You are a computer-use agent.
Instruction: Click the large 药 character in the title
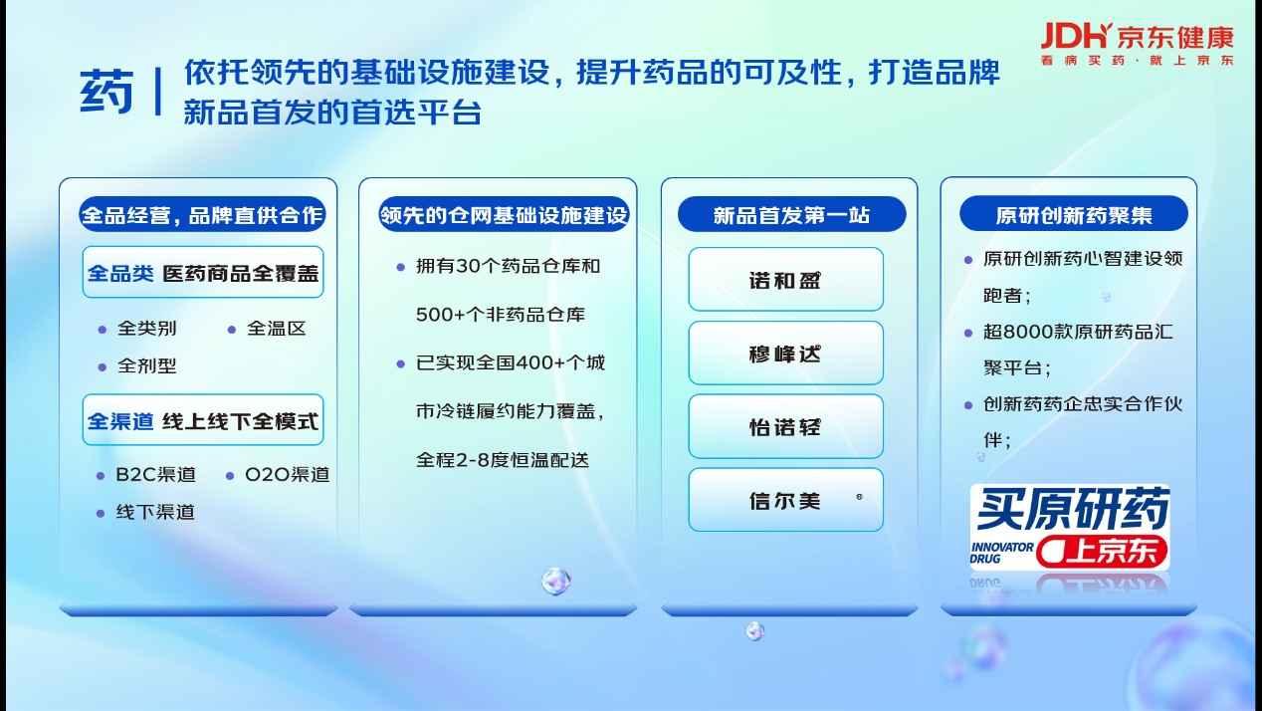[x=106, y=92]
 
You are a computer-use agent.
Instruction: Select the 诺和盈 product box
[x=785, y=279]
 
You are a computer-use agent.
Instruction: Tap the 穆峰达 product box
[x=785, y=353]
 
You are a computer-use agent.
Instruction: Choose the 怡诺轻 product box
[x=785, y=426]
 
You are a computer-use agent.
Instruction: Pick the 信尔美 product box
[x=785, y=500]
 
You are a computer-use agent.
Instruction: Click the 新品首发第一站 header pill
[x=791, y=214]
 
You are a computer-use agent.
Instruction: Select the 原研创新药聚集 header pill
[x=1074, y=214]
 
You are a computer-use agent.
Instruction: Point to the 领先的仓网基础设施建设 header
[x=504, y=214]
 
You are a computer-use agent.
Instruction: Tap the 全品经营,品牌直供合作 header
[x=202, y=214]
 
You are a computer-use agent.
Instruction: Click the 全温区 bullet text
[x=276, y=329]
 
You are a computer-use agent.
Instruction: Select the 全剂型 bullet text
[x=146, y=365]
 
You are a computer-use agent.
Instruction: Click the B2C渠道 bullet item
[x=155, y=475]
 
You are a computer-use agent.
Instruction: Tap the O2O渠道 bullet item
[x=288, y=475]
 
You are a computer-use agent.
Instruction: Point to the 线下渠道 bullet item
[x=155, y=512]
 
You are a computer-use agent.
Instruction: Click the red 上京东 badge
[x=1102, y=551]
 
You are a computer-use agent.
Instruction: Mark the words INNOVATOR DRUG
[x=1001, y=553]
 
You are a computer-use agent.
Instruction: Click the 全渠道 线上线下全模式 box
[x=203, y=420]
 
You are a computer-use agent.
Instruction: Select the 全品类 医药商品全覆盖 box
[x=203, y=272]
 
